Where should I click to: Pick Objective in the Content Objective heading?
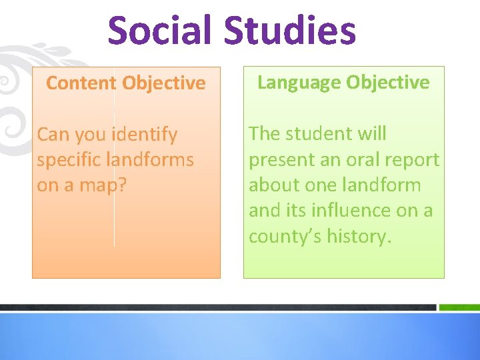pyautogui.click(x=164, y=83)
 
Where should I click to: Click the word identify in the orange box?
pyautogui.click(x=145, y=135)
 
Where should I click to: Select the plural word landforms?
pyautogui.click(x=153, y=160)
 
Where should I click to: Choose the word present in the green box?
pyautogui.click(x=283, y=160)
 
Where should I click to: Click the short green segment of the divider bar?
pyautogui.click(x=459, y=307)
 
